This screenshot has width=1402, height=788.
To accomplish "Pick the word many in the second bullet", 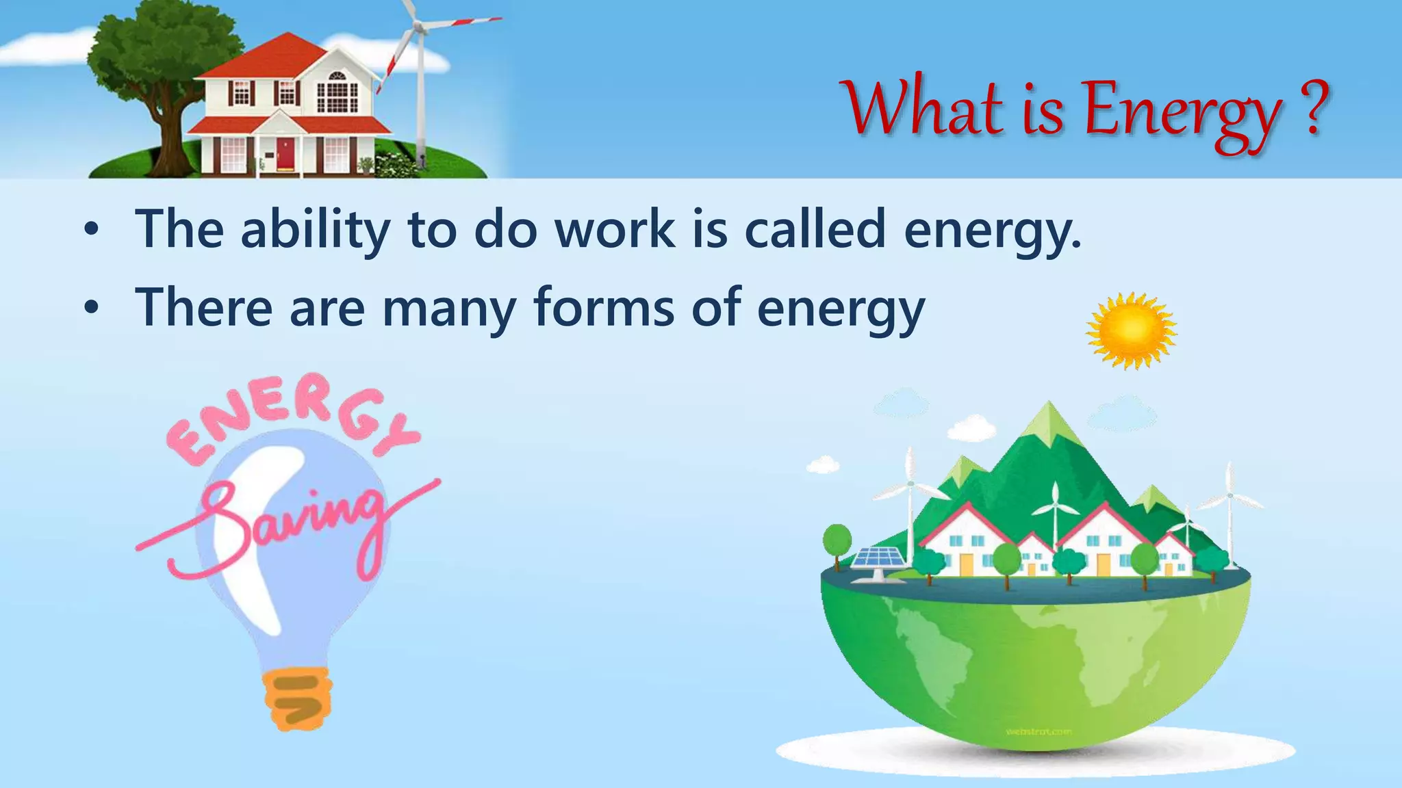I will [448, 309].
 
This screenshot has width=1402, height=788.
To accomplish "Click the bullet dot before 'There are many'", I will [91, 309].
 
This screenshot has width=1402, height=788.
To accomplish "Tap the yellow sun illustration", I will [1131, 331].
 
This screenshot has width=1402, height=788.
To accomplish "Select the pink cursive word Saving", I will [288, 527].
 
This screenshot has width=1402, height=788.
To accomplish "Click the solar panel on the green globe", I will [874, 558].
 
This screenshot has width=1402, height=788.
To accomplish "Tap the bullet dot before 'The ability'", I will [91, 231].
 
